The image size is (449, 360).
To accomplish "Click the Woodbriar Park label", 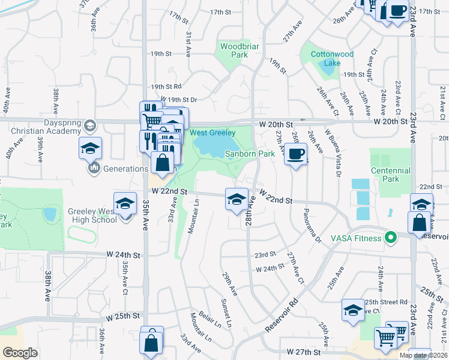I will coord(234,50).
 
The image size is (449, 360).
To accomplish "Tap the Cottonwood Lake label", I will coord(332,58).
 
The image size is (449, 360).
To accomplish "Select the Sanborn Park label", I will coord(250,154).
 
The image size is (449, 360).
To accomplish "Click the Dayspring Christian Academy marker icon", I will coord(90,125).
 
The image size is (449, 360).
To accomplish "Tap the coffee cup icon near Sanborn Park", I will coord(295,154).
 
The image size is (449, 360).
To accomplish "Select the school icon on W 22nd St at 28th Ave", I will coord(237,199).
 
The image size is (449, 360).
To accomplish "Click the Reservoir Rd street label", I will coord(281,316).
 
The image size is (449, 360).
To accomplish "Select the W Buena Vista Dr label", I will coord(333,153).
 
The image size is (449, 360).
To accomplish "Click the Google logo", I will coord(20,353).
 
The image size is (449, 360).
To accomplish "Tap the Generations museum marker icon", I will coord(94,169).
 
